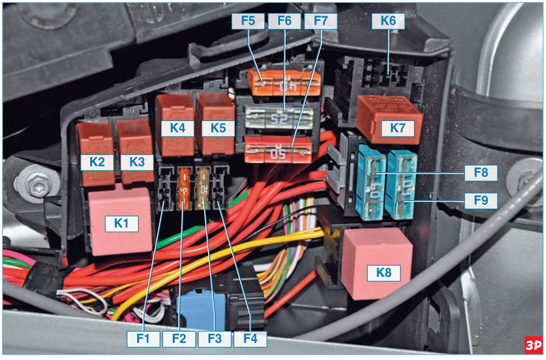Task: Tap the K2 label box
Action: coord(96,162)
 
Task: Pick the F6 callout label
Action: coord(285,20)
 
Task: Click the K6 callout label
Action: coord(388,20)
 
